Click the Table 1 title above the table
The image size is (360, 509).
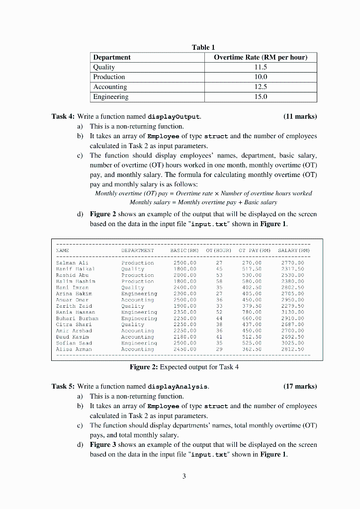click(x=203, y=47)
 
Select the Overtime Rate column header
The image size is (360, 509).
click(x=261, y=57)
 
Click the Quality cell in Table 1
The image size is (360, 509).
click(x=104, y=67)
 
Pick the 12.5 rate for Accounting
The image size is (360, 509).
click(x=261, y=87)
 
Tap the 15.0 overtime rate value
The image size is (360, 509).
click(x=261, y=97)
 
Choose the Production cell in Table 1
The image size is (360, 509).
click(x=109, y=77)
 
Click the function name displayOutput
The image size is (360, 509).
click(x=174, y=117)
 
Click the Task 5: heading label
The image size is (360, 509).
click(x=63, y=386)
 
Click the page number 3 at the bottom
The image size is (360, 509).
click(x=184, y=476)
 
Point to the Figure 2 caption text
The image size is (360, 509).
click(x=184, y=367)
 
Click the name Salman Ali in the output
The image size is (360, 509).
click(x=72, y=262)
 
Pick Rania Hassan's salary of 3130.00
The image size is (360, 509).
click(x=292, y=312)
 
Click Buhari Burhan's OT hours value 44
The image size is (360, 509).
click(x=219, y=318)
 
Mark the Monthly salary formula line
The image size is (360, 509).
click(x=203, y=203)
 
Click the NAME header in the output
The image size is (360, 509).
click(x=63, y=251)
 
